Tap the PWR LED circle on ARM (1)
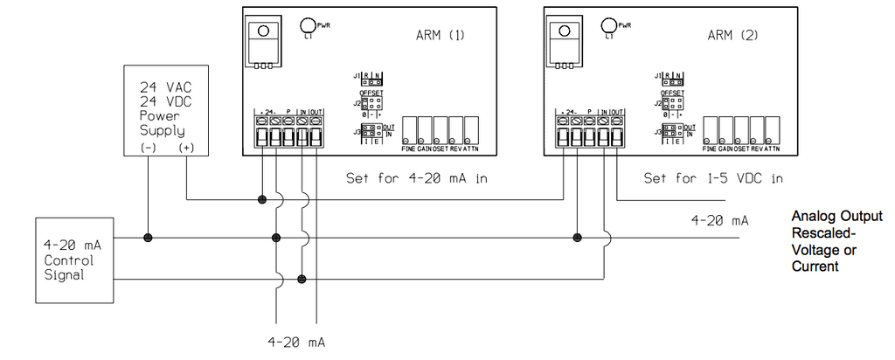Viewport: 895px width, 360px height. [309, 25]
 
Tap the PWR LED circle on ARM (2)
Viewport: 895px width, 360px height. [609, 25]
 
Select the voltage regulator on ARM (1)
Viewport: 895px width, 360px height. [262, 42]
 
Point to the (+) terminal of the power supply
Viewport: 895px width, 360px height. [186, 149]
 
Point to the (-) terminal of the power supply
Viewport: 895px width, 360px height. [148, 149]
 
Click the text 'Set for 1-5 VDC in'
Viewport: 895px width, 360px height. [712, 178]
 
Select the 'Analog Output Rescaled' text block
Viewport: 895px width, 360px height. [836, 240]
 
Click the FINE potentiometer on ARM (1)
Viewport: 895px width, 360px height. [409, 129]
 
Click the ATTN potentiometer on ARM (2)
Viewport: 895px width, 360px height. [772, 129]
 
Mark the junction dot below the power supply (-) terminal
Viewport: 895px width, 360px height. [148, 238]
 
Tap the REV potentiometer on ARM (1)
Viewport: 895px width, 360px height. [456, 129]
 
